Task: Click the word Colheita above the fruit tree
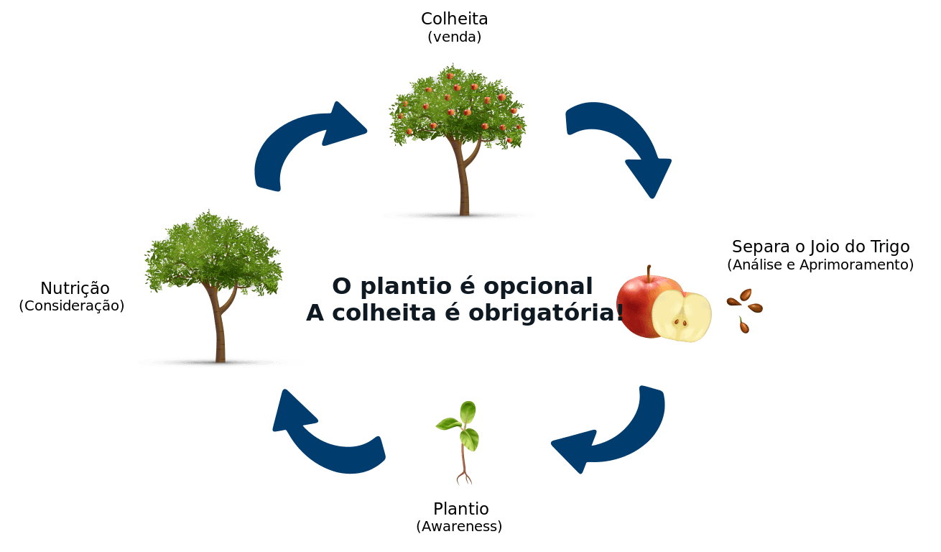point(454,19)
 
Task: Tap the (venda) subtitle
point(454,37)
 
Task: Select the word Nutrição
point(75,289)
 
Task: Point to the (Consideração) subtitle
point(71,306)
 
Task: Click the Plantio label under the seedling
point(461,509)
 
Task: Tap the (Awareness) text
point(459,526)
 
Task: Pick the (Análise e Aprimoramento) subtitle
point(820,264)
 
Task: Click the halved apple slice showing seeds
point(681,317)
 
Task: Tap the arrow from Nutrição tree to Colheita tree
point(302,144)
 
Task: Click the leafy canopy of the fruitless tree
point(213,252)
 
